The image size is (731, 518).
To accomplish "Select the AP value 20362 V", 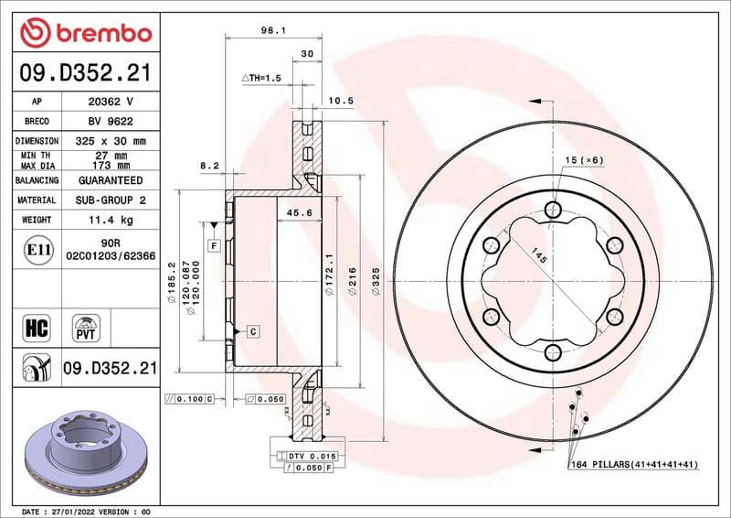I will coord(111,102).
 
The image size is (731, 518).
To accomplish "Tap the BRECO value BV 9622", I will coord(111,121).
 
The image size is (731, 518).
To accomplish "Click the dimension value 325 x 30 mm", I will coord(111,141).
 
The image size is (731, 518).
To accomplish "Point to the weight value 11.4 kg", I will coord(111,220).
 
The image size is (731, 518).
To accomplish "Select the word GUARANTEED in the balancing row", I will coord(111,180).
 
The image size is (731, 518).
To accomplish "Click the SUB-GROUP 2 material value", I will coord(111,200).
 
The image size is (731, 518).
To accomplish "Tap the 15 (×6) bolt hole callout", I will coord(584,160).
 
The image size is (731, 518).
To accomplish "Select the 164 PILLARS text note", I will coord(633,465).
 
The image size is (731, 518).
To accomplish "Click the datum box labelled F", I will coord(214,245).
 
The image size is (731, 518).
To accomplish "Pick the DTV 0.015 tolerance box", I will coord(312,455).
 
